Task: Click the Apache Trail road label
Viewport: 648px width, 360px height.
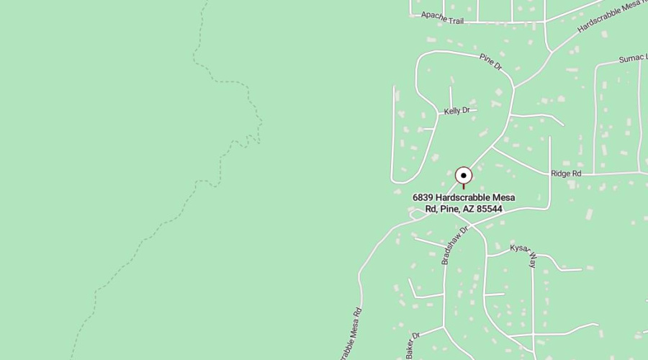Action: pos(443,17)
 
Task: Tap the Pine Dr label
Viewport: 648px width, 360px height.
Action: pos(490,62)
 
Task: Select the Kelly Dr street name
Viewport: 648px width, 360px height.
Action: pos(456,111)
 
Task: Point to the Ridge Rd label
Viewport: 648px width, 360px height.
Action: pos(565,174)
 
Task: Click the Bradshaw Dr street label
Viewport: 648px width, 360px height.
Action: pos(454,245)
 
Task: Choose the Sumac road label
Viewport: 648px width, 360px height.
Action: pos(632,58)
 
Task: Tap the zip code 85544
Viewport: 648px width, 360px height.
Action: pos(490,209)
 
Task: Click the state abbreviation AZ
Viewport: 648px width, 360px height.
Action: pos(468,209)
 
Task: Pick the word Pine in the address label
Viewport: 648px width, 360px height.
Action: pos(447,209)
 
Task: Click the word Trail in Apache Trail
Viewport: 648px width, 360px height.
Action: pos(456,20)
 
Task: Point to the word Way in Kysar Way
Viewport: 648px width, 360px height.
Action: pos(532,261)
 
